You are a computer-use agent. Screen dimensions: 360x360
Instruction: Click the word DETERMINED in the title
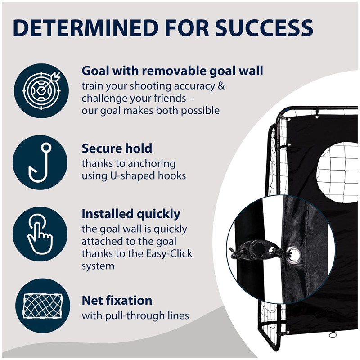pyautogui.click(x=85, y=28)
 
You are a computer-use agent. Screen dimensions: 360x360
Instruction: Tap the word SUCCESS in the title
pyautogui.click(x=264, y=28)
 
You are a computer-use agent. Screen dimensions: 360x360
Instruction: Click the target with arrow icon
pyautogui.click(x=41, y=91)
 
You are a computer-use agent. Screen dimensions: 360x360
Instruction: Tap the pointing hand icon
pyautogui.click(x=40, y=234)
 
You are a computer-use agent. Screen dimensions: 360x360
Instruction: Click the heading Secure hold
pyautogui.click(x=117, y=148)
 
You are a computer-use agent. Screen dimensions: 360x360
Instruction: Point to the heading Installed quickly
pyautogui.click(x=131, y=215)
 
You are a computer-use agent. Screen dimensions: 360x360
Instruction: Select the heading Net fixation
pyautogui.click(x=117, y=300)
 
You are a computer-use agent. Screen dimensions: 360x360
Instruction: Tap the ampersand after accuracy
pyautogui.click(x=220, y=86)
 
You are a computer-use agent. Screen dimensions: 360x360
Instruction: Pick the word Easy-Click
pyautogui.click(x=169, y=254)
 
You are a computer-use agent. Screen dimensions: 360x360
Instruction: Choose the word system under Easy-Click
pyautogui.click(x=98, y=266)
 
